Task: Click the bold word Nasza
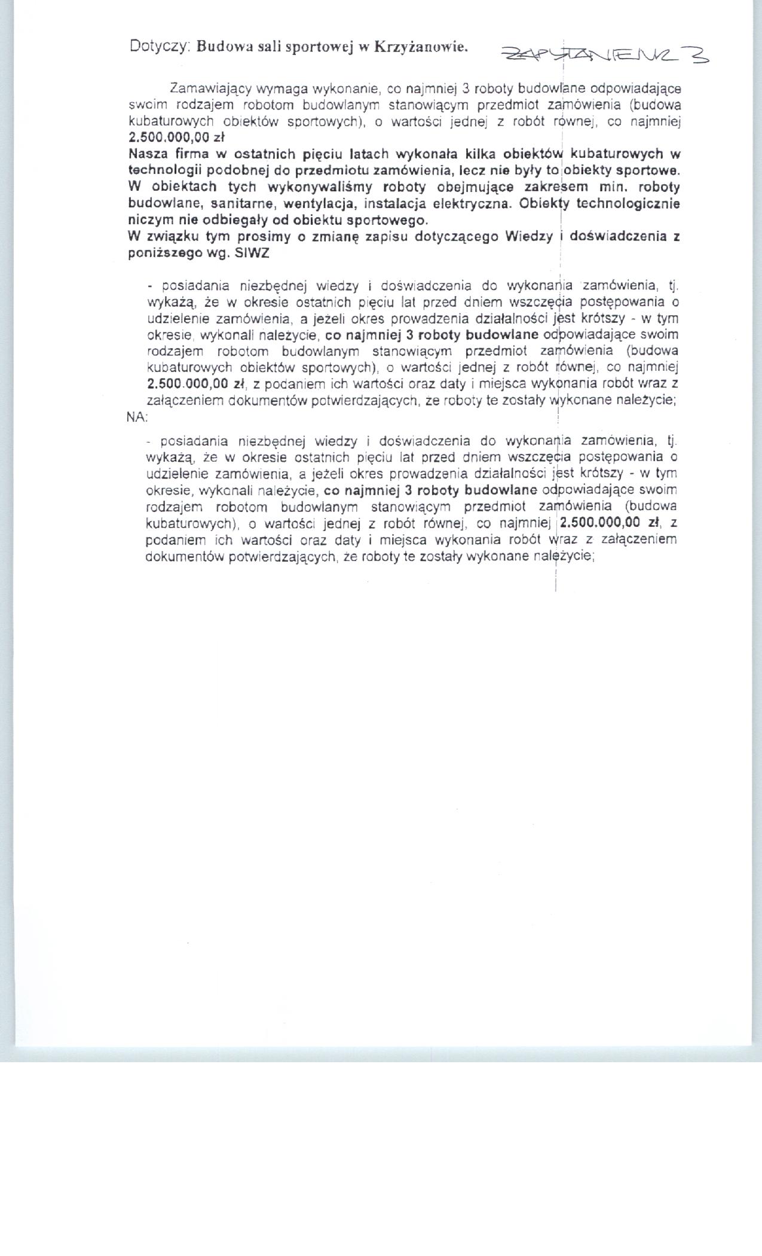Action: pos(147,154)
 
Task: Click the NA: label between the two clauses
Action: pos(137,418)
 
